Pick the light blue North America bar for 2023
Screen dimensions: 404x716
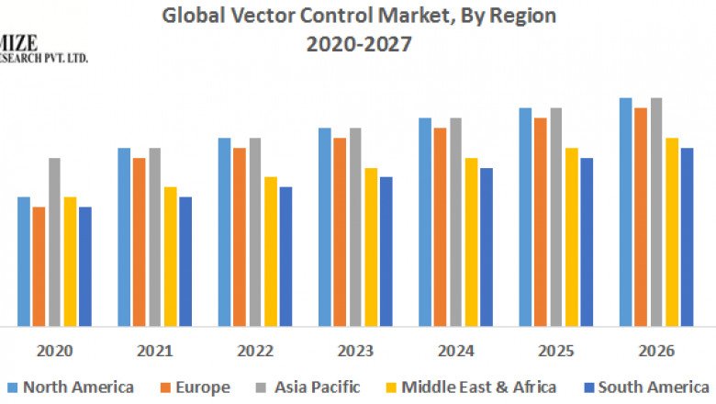point(324,227)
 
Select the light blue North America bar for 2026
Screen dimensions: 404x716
point(625,211)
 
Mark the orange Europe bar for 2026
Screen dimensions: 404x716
point(641,217)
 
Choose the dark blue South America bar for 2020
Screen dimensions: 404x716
point(85,266)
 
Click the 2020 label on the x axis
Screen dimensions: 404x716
point(55,351)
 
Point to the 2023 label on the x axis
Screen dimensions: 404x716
point(355,351)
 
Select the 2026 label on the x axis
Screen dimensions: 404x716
point(655,351)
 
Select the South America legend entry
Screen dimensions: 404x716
point(645,387)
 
